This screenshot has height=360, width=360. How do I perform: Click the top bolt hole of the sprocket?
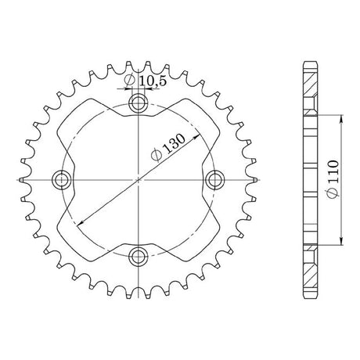pos(138,104)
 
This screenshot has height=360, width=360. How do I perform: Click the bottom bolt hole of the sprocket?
pos(138,256)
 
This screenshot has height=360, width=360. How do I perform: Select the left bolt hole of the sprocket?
pos(62,180)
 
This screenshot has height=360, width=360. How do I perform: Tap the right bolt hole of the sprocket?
pos(214,180)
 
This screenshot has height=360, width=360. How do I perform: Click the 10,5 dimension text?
pos(153,81)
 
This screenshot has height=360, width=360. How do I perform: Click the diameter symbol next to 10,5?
pos(129,81)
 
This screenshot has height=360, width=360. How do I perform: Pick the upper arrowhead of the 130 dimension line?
pos(196,137)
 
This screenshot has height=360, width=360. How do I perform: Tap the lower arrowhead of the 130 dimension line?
pos(81,222)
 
